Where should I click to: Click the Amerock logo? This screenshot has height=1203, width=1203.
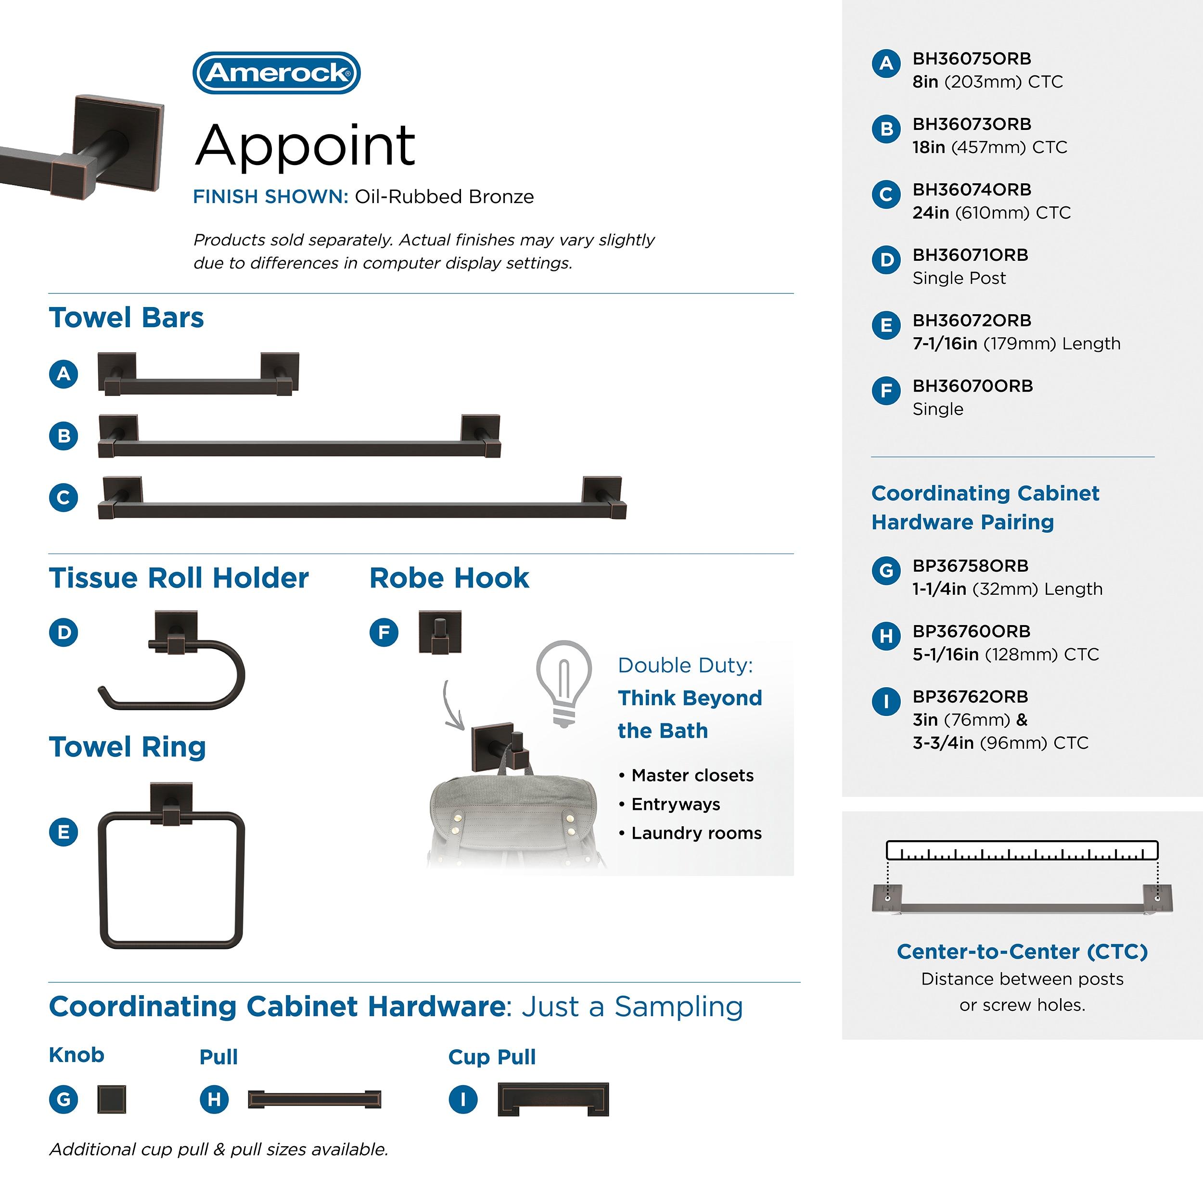pyautogui.click(x=277, y=73)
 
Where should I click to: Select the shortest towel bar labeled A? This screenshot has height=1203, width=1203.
pyautogui.click(x=198, y=375)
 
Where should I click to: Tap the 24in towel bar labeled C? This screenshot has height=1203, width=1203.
pyautogui.click(x=362, y=500)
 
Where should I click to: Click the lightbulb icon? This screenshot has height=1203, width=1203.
pyautogui.click(x=563, y=682)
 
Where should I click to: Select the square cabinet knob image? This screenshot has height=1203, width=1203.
pyautogui.click(x=112, y=1100)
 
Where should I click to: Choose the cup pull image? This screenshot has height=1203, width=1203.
pyautogui.click(x=553, y=1100)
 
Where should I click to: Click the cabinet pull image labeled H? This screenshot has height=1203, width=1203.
pyautogui.click(x=314, y=1100)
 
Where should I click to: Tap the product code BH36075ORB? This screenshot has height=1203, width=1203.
pyautogui.click(x=972, y=59)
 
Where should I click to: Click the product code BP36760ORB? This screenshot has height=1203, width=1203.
pyautogui.click(x=972, y=631)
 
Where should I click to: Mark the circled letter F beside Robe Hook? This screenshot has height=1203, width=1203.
pyautogui.click(x=384, y=633)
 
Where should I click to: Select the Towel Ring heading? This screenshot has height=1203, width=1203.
pyautogui.click(x=127, y=747)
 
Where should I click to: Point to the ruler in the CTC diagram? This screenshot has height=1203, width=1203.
pyautogui.click(x=1022, y=851)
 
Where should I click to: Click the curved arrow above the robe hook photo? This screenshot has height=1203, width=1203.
pyautogui.click(x=453, y=707)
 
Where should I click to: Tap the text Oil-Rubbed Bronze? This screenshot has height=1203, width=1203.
pyautogui.click(x=444, y=197)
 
